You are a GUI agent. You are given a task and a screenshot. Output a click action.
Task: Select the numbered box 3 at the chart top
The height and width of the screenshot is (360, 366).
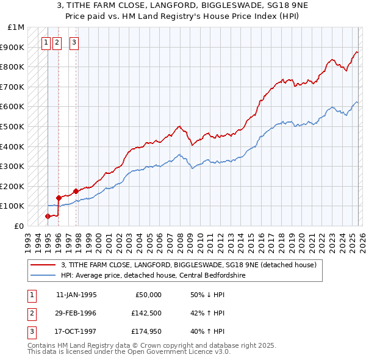[x=74, y=43]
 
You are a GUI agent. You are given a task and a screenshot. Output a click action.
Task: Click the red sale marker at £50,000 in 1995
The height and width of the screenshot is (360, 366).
[x=48, y=216]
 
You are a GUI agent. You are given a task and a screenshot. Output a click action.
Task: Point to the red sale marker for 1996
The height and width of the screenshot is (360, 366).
[x=59, y=198]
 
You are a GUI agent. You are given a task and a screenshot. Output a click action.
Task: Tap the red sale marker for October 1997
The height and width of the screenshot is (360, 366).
[x=76, y=191]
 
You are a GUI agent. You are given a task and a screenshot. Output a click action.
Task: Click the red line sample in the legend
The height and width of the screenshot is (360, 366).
[x=43, y=265]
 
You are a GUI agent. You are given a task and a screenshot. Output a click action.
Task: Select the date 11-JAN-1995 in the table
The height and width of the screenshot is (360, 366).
[x=76, y=295]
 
